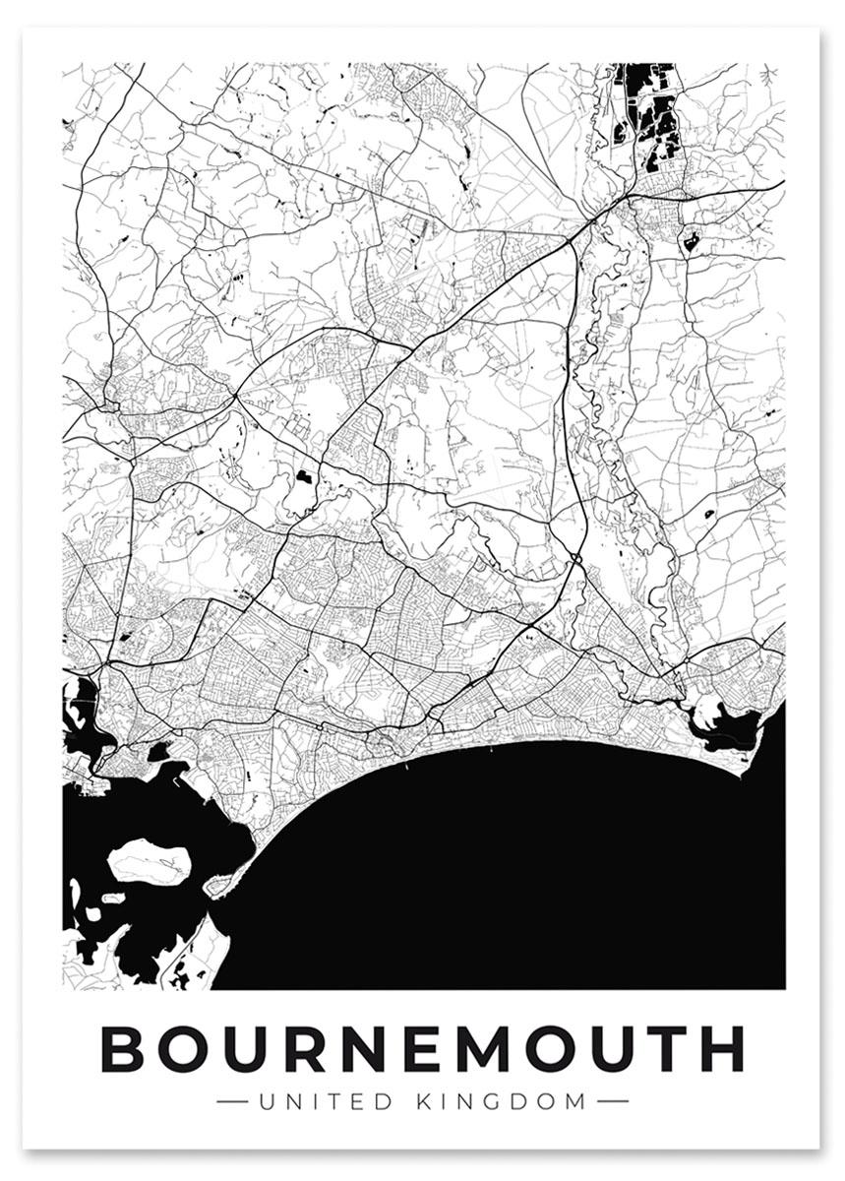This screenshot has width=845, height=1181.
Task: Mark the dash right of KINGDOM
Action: point(612,1100)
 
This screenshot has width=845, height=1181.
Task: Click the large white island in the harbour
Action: point(150,860)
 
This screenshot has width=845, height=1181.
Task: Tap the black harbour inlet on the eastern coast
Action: point(728,729)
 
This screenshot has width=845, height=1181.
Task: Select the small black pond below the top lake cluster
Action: point(690,239)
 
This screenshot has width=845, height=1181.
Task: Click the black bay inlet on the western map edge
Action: point(79,714)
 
